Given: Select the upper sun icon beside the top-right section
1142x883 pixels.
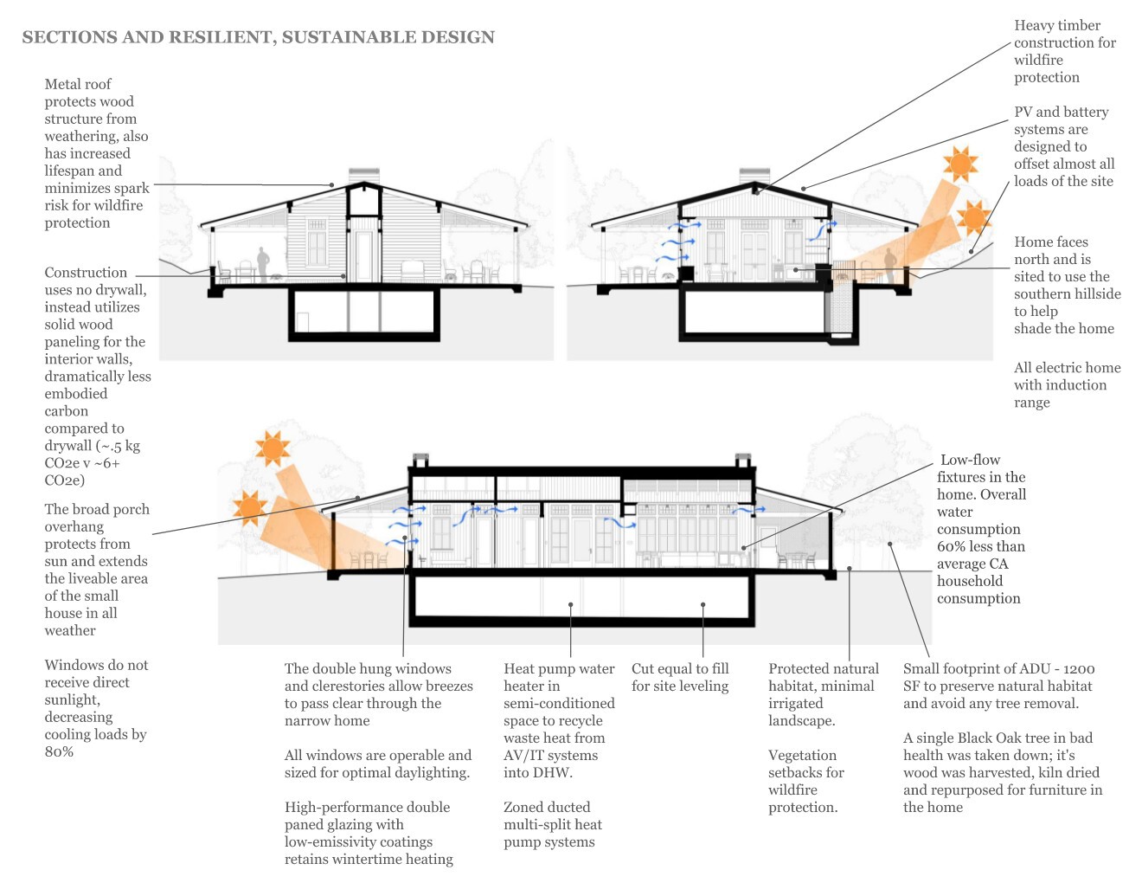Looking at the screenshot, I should (x=960, y=164).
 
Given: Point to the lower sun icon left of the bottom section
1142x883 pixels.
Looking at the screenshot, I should (x=250, y=508).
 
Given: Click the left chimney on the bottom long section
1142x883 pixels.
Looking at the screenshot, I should (x=420, y=458).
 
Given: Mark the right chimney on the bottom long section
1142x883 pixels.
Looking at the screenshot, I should (x=743, y=458).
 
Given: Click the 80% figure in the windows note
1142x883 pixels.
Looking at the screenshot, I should (x=59, y=751).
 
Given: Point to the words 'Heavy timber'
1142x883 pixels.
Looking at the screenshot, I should (x=1057, y=25).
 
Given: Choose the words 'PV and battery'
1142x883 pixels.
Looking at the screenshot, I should (x=1061, y=112).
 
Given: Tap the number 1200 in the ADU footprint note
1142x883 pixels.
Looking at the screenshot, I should (x=1079, y=669).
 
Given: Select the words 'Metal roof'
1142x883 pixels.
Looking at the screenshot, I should (x=78, y=84).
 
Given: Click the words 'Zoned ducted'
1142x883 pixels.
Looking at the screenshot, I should (x=547, y=807).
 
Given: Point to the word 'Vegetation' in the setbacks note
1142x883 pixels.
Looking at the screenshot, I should (x=802, y=755).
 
